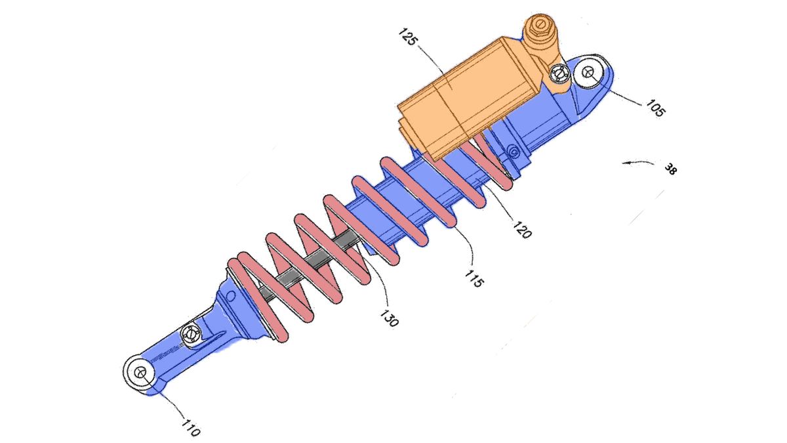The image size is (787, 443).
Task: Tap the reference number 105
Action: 655,108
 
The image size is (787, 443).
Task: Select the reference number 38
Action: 670,169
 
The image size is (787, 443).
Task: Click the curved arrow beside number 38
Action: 636,162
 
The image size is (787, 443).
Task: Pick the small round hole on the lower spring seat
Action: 230,297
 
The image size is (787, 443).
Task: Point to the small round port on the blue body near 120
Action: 513,153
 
